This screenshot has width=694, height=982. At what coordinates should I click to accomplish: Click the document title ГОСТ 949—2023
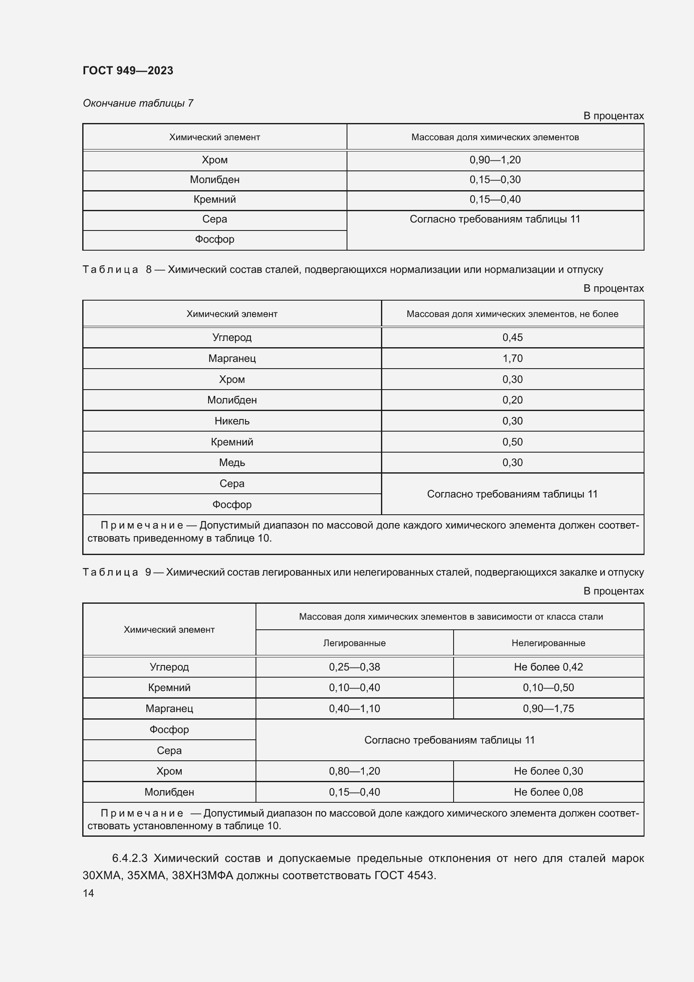[128, 71]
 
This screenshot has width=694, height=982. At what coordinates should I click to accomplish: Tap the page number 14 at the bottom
[88, 893]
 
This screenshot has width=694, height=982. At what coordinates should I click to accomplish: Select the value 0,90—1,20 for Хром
[495, 160]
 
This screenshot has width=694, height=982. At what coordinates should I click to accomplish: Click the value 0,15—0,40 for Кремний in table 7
[495, 199]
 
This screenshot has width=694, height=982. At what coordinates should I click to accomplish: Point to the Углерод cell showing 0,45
[512, 338]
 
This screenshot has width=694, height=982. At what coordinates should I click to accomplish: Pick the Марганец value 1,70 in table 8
[512, 359]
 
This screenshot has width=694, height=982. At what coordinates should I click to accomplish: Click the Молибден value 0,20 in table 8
[512, 400]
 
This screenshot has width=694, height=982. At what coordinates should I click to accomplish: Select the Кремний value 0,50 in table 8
[512, 442]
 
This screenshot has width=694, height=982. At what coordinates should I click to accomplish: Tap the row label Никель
[232, 421]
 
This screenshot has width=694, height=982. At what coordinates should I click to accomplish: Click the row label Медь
[232, 462]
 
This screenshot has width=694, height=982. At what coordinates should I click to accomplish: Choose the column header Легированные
[354, 643]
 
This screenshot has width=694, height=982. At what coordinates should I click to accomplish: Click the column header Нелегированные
[548, 643]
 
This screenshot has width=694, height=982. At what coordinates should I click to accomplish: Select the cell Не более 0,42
[548, 667]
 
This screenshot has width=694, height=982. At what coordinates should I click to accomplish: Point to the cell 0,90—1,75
[548, 708]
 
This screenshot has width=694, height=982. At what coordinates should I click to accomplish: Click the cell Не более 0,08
[548, 792]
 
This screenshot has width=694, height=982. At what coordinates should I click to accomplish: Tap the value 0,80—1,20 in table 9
[354, 771]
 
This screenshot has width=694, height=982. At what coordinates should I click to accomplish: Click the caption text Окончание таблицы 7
[138, 103]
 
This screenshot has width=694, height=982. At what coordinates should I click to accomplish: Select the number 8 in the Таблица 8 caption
[149, 270]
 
